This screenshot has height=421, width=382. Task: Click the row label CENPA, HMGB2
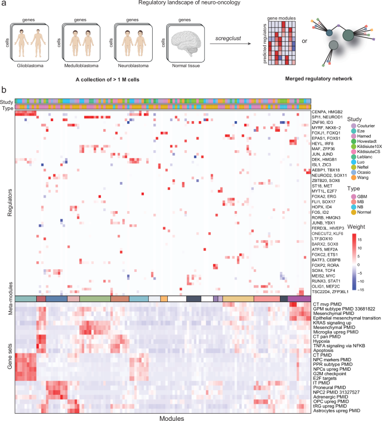pos(326,112)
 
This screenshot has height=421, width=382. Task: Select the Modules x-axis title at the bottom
pos(163,417)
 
